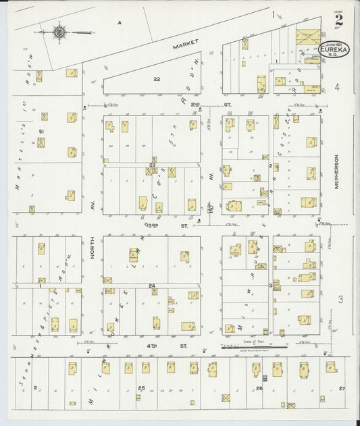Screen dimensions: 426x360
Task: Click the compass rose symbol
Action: click(x=59, y=30)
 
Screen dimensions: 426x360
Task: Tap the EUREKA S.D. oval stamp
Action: click(x=335, y=52)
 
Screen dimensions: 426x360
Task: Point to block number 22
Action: click(x=157, y=79)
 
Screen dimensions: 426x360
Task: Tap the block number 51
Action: click(x=41, y=131)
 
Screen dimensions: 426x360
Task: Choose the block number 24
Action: click(x=153, y=286)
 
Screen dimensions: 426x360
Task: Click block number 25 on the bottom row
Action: click(x=140, y=388)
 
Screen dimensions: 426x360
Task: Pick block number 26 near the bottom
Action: click(x=259, y=388)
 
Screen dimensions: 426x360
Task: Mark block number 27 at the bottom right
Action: click(x=342, y=388)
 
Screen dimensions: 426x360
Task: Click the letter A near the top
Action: click(x=120, y=22)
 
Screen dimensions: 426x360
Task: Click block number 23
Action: click(x=153, y=165)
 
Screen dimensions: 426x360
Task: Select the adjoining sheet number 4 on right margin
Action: click(x=337, y=88)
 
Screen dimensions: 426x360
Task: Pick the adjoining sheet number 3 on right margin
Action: click(x=341, y=299)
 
